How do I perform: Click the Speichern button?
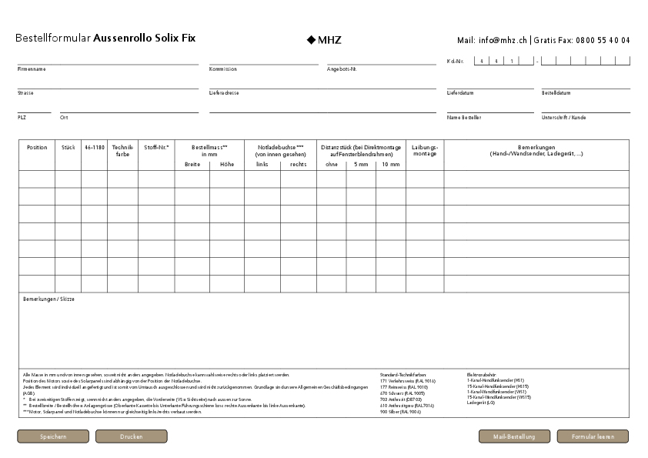coord(53,436)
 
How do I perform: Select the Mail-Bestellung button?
coord(514,436)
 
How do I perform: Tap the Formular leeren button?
coord(593,436)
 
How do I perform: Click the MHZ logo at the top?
coord(324,39)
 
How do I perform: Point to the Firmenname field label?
coord(32,69)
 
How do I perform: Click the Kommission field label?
coord(222,69)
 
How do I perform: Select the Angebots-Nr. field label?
coord(342,69)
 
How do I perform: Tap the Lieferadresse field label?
coord(224,93)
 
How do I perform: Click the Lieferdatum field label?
coord(460,93)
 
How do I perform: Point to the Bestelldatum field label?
coord(556,93)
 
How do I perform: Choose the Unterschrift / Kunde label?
coord(563,118)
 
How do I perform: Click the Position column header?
coord(37,147)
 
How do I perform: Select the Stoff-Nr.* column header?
coord(156,147)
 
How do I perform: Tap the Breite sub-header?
coord(192,164)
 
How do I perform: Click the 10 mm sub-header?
coord(390,164)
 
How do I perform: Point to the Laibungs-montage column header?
coord(425,150)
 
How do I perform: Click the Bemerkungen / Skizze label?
coord(48,299)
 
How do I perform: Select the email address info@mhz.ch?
coord(502,40)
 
